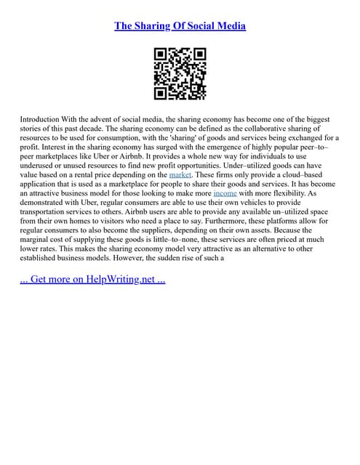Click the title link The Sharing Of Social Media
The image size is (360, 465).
point(180,26)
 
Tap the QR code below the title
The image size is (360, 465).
point(180,73)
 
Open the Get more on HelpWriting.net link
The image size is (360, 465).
point(93,279)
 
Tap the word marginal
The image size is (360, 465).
point(39,251)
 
